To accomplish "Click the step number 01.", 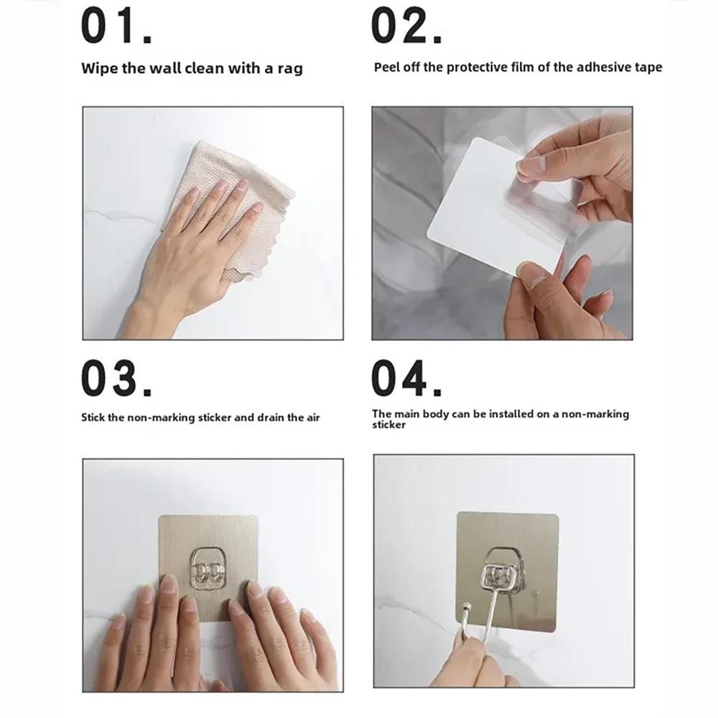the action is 116,26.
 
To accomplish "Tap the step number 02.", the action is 406,26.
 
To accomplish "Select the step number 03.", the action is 116,378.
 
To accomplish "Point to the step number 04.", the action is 406,378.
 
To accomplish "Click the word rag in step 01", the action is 290,69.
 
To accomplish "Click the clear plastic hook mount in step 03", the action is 208,569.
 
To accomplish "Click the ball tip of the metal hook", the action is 467,607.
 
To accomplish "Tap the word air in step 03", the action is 313,418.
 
